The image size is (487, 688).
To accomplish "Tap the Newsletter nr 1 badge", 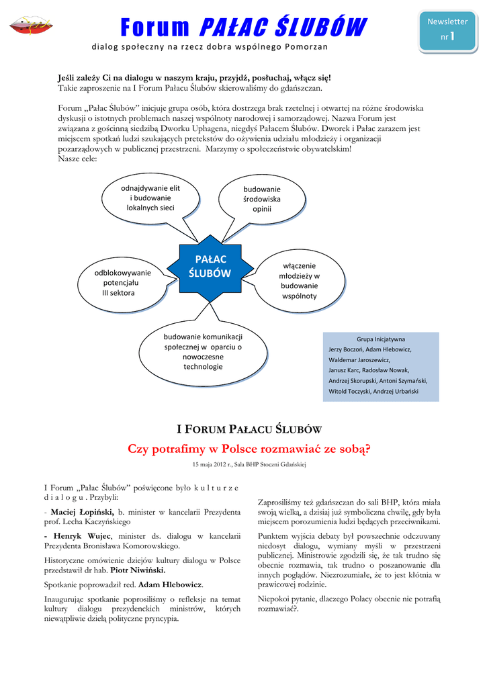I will (x=447, y=30).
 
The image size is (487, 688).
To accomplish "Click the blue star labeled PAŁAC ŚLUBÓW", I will (x=210, y=266).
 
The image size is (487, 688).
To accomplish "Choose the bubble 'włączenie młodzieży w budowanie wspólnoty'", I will (x=300, y=281).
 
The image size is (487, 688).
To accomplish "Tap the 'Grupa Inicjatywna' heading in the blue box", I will (x=381, y=339).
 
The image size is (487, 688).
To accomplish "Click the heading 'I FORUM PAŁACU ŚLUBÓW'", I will (x=249, y=429).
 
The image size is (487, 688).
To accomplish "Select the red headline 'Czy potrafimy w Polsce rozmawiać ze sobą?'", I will (x=249, y=448).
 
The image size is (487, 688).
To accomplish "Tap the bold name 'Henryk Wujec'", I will (x=81, y=536).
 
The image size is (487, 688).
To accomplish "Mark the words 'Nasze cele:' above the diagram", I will (x=77, y=159).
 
